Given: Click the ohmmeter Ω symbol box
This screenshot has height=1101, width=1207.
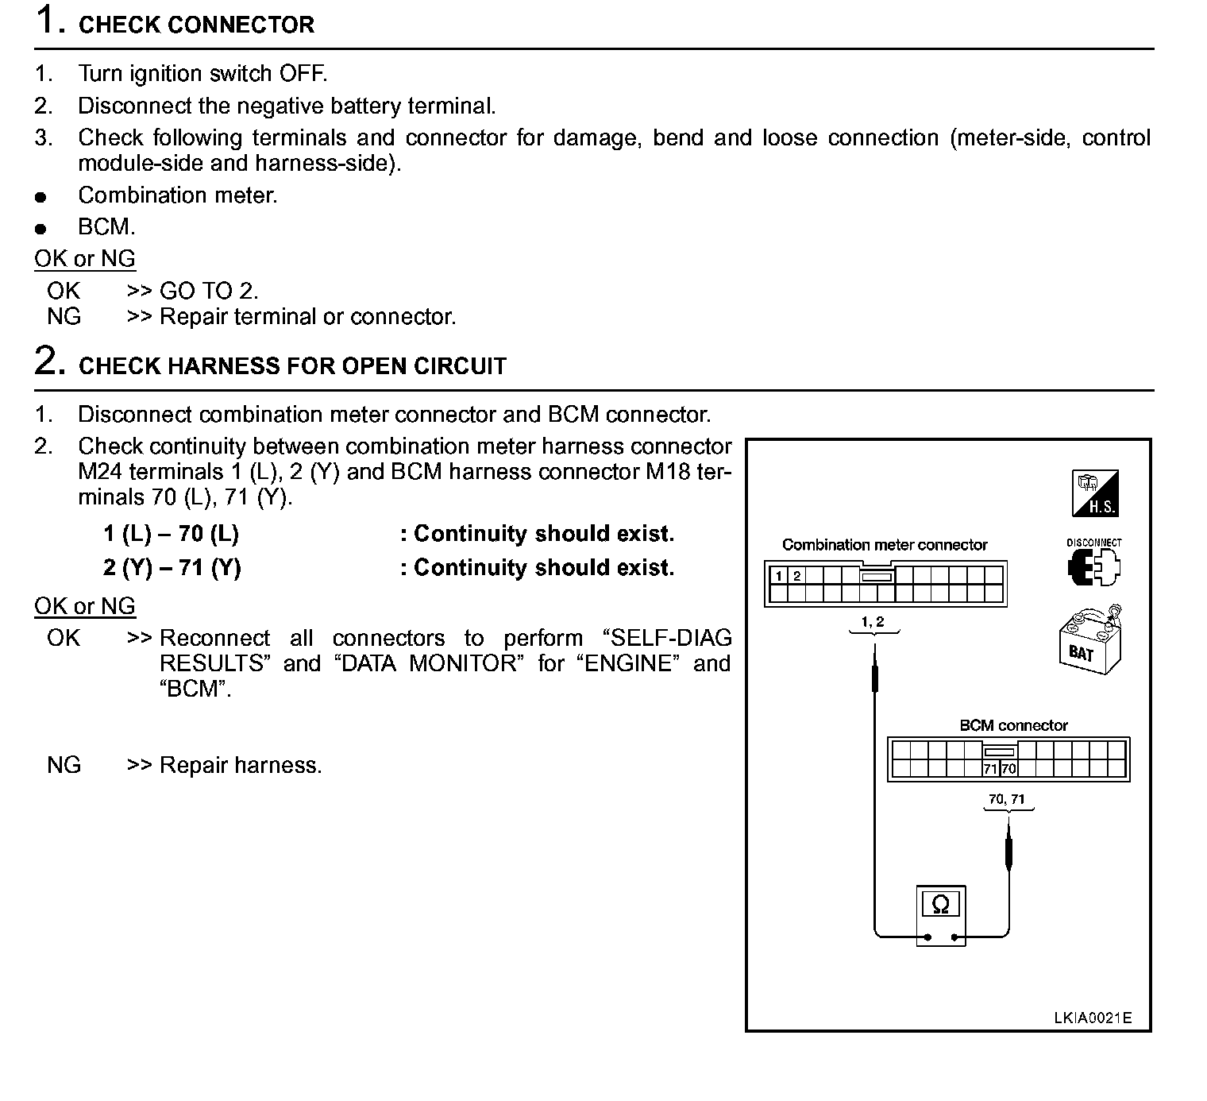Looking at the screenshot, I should click(x=940, y=904).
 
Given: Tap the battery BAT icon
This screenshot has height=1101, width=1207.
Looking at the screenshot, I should click(x=1089, y=643).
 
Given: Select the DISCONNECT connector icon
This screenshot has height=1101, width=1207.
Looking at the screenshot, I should click(x=1094, y=565).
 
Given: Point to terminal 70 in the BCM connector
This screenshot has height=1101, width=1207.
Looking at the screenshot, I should click(x=1008, y=769).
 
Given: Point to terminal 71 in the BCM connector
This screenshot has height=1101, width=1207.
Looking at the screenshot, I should click(x=990, y=769).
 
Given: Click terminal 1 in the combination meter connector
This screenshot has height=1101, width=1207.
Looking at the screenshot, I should click(x=779, y=576).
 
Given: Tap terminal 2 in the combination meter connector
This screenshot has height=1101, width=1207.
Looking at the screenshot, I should click(x=797, y=576).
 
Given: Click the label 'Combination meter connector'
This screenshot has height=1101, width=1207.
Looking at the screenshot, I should click(x=885, y=545).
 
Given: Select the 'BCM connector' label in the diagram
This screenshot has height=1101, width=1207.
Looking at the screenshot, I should click(x=1013, y=725).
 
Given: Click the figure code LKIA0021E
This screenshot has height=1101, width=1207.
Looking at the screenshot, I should click(x=1093, y=1018).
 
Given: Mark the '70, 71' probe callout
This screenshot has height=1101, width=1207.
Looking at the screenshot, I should click(x=1007, y=799).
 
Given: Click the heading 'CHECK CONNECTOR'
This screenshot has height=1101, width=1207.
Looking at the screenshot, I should click(x=196, y=25).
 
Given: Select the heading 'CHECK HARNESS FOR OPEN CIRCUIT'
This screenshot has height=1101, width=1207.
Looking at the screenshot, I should click(x=292, y=366).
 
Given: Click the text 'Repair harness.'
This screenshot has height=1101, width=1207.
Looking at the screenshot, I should click(x=241, y=765).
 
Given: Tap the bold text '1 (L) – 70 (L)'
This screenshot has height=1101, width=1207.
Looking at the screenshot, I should click(x=171, y=534).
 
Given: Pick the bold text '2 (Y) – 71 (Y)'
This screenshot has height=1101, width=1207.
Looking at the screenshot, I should click(x=172, y=568).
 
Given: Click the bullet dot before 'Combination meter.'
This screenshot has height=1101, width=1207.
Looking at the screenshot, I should click(x=40, y=197).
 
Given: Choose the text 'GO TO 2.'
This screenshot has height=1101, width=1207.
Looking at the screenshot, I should click(x=209, y=291).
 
